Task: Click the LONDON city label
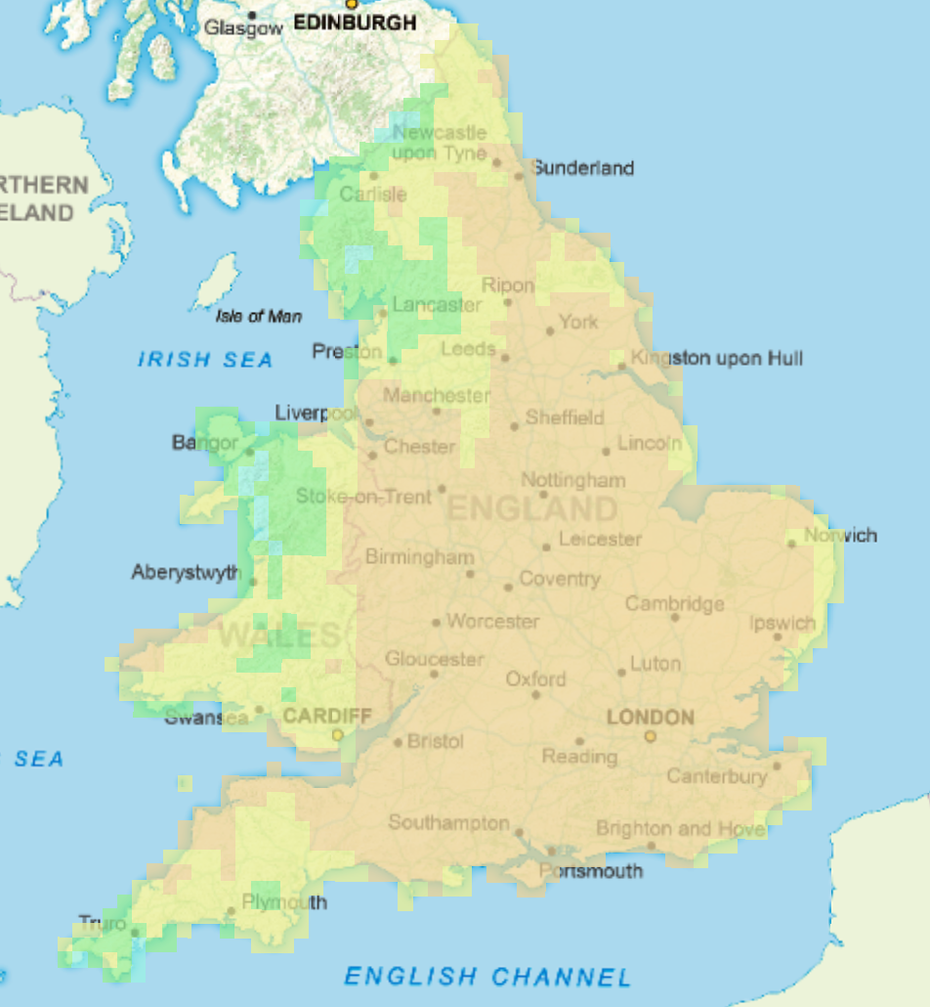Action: click(650, 717)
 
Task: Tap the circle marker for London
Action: click(650, 736)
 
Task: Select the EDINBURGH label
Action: click(355, 22)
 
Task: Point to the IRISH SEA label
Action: click(205, 360)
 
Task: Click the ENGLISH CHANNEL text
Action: click(487, 976)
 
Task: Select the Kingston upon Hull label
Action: click(717, 359)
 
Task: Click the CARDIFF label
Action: click(326, 716)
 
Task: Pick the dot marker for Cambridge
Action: click(675, 617)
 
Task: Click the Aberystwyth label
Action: click(186, 572)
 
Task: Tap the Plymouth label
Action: click(284, 901)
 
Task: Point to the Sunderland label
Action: click(583, 168)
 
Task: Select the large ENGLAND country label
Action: click(532, 508)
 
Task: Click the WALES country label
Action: click(279, 635)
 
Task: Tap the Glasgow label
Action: click(243, 29)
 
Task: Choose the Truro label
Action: click(103, 923)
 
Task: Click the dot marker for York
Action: click(550, 331)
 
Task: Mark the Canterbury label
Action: click(717, 776)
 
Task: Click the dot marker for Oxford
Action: click(535, 695)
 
